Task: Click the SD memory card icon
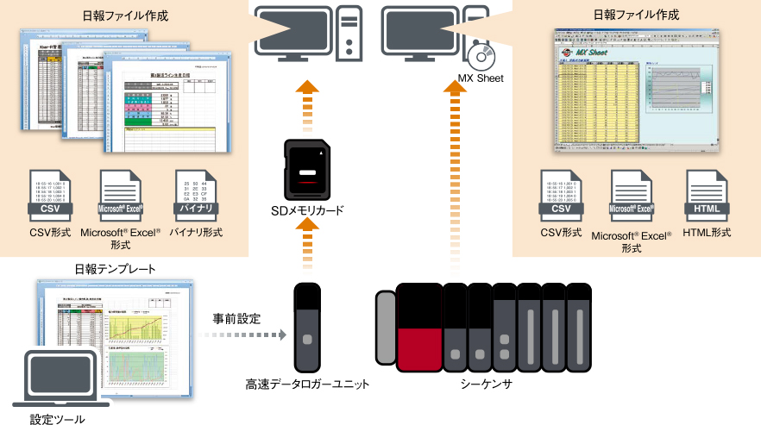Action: point(307,169)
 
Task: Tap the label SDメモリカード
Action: point(306,211)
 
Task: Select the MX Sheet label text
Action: point(480,78)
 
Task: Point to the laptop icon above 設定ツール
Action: point(55,378)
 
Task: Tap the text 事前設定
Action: point(237,318)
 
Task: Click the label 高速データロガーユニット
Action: point(307,384)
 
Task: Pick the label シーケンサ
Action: point(487,384)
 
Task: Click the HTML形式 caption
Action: point(708,233)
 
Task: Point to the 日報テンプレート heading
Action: point(115,269)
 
